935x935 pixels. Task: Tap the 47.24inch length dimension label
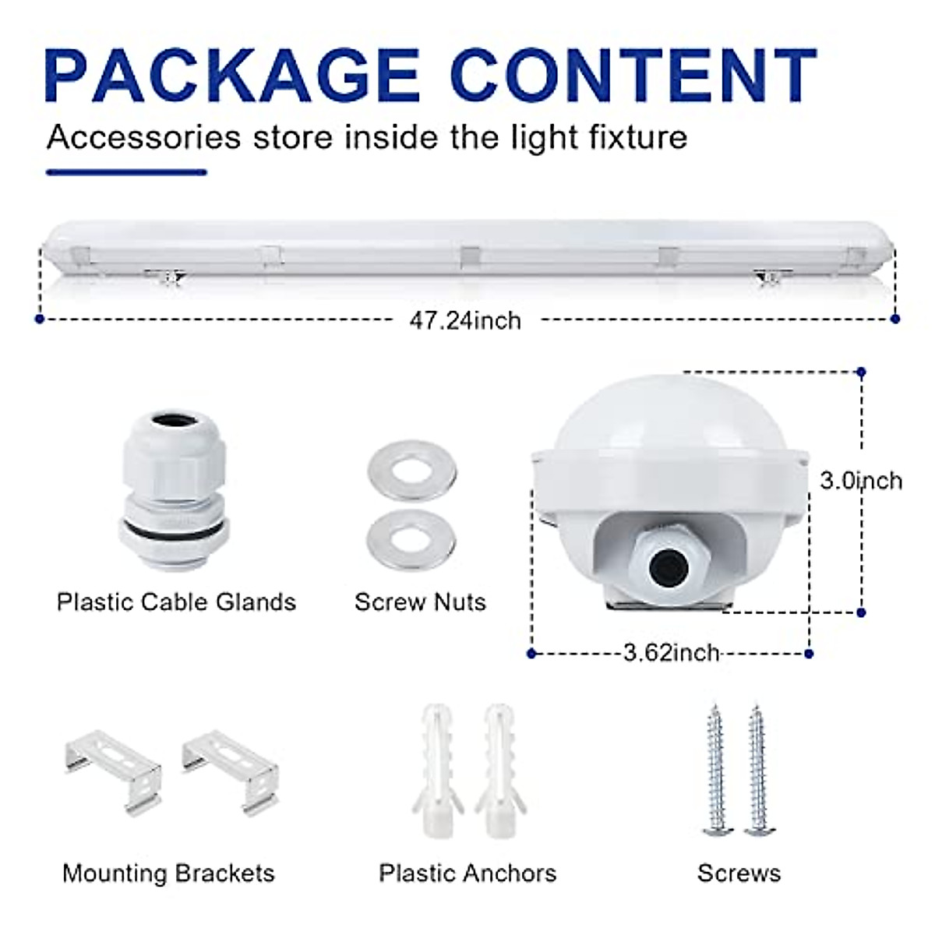click(465, 320)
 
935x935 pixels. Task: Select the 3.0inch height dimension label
click(860, 480)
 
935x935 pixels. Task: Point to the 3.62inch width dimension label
click(671, 651)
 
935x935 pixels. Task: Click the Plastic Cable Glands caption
click(176, 602)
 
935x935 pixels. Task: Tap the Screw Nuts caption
click(420, 602)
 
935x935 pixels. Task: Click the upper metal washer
click(412, 467)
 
